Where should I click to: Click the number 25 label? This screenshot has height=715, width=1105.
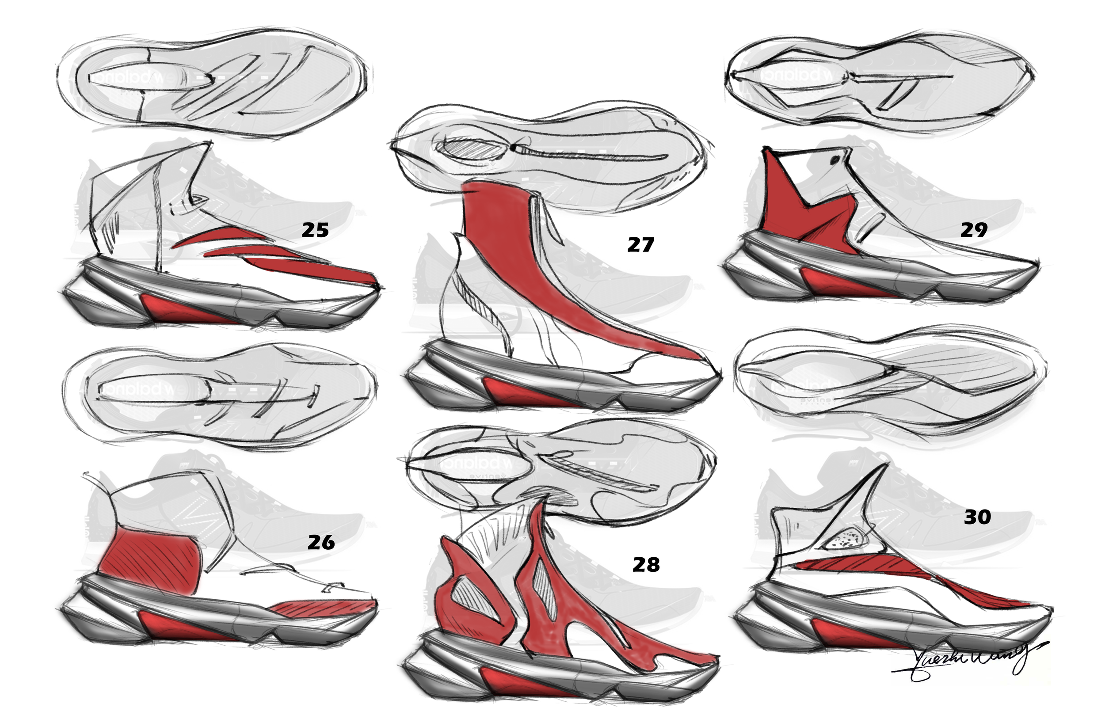(x=315, y=230)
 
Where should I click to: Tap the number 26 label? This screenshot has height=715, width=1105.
(x=321, y=542)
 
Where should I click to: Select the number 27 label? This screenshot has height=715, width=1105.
(x=641, y=245)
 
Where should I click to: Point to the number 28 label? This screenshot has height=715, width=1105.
(x=646, y=565)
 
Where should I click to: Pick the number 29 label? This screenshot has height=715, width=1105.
(x=974, y=230)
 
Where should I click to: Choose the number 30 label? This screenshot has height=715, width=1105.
(x=977, y=517)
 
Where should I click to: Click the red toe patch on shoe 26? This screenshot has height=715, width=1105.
(x=325, y=607)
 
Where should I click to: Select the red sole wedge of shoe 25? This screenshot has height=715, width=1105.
(x=186, y=310)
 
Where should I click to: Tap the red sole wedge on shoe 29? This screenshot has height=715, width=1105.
(x=840, y=284)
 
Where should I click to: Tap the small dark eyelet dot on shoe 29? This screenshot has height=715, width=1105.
(x=834, y=160)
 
